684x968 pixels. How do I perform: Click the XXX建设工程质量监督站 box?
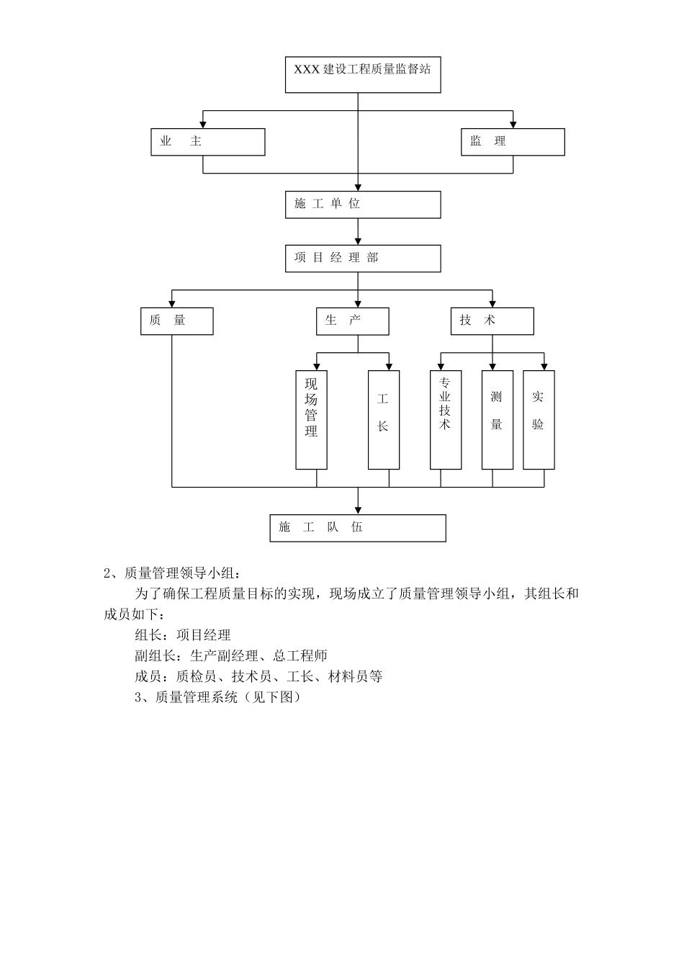[x=363, y=74]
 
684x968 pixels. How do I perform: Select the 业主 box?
[x=207, y=142]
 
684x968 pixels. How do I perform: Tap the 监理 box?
[x=513, y=142]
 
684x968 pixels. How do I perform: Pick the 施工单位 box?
[x=363, y=205]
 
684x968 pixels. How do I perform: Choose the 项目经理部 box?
[x=363, y=259]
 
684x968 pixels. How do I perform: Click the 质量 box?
[x=176, y=321]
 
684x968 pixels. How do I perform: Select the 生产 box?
[x=352, y=321]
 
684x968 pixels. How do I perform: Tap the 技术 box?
[x=492, y=321]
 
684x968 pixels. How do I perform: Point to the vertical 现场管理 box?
[x=311, y=420]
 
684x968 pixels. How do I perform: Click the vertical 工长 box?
[x=383, y=420]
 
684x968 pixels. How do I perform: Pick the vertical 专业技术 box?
[x=445, y=420]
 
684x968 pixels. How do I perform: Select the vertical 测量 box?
[x=497, y=420]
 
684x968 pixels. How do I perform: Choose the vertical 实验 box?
[x=539, y=420]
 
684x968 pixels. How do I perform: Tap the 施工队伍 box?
[x=358, y=528]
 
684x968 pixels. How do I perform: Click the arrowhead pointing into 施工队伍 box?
[x=359, y=510]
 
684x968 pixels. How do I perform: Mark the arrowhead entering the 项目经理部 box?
[x=359, y=241]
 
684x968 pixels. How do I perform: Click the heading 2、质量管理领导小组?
[x=171, y=573]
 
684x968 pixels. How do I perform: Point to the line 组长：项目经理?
[x=183, y=635]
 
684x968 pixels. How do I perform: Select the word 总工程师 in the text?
[x=300, y=656]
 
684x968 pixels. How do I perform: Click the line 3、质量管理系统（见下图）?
[x=217, y=697]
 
